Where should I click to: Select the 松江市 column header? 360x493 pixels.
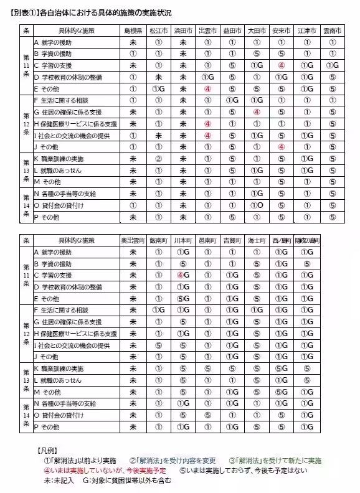[158, 31]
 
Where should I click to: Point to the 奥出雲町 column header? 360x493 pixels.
[133, 240]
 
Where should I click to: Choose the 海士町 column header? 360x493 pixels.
[257, 240]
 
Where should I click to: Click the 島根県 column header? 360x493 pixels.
[133, 31]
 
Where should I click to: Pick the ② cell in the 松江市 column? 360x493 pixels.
[158, 159]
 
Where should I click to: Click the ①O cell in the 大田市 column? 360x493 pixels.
[257, 205]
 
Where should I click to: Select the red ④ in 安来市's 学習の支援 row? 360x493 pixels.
[282, 65]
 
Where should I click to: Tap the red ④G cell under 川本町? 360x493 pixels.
[183, 275]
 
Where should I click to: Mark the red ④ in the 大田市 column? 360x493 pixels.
[257, 112]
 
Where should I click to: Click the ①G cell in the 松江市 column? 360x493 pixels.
[158, 89]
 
